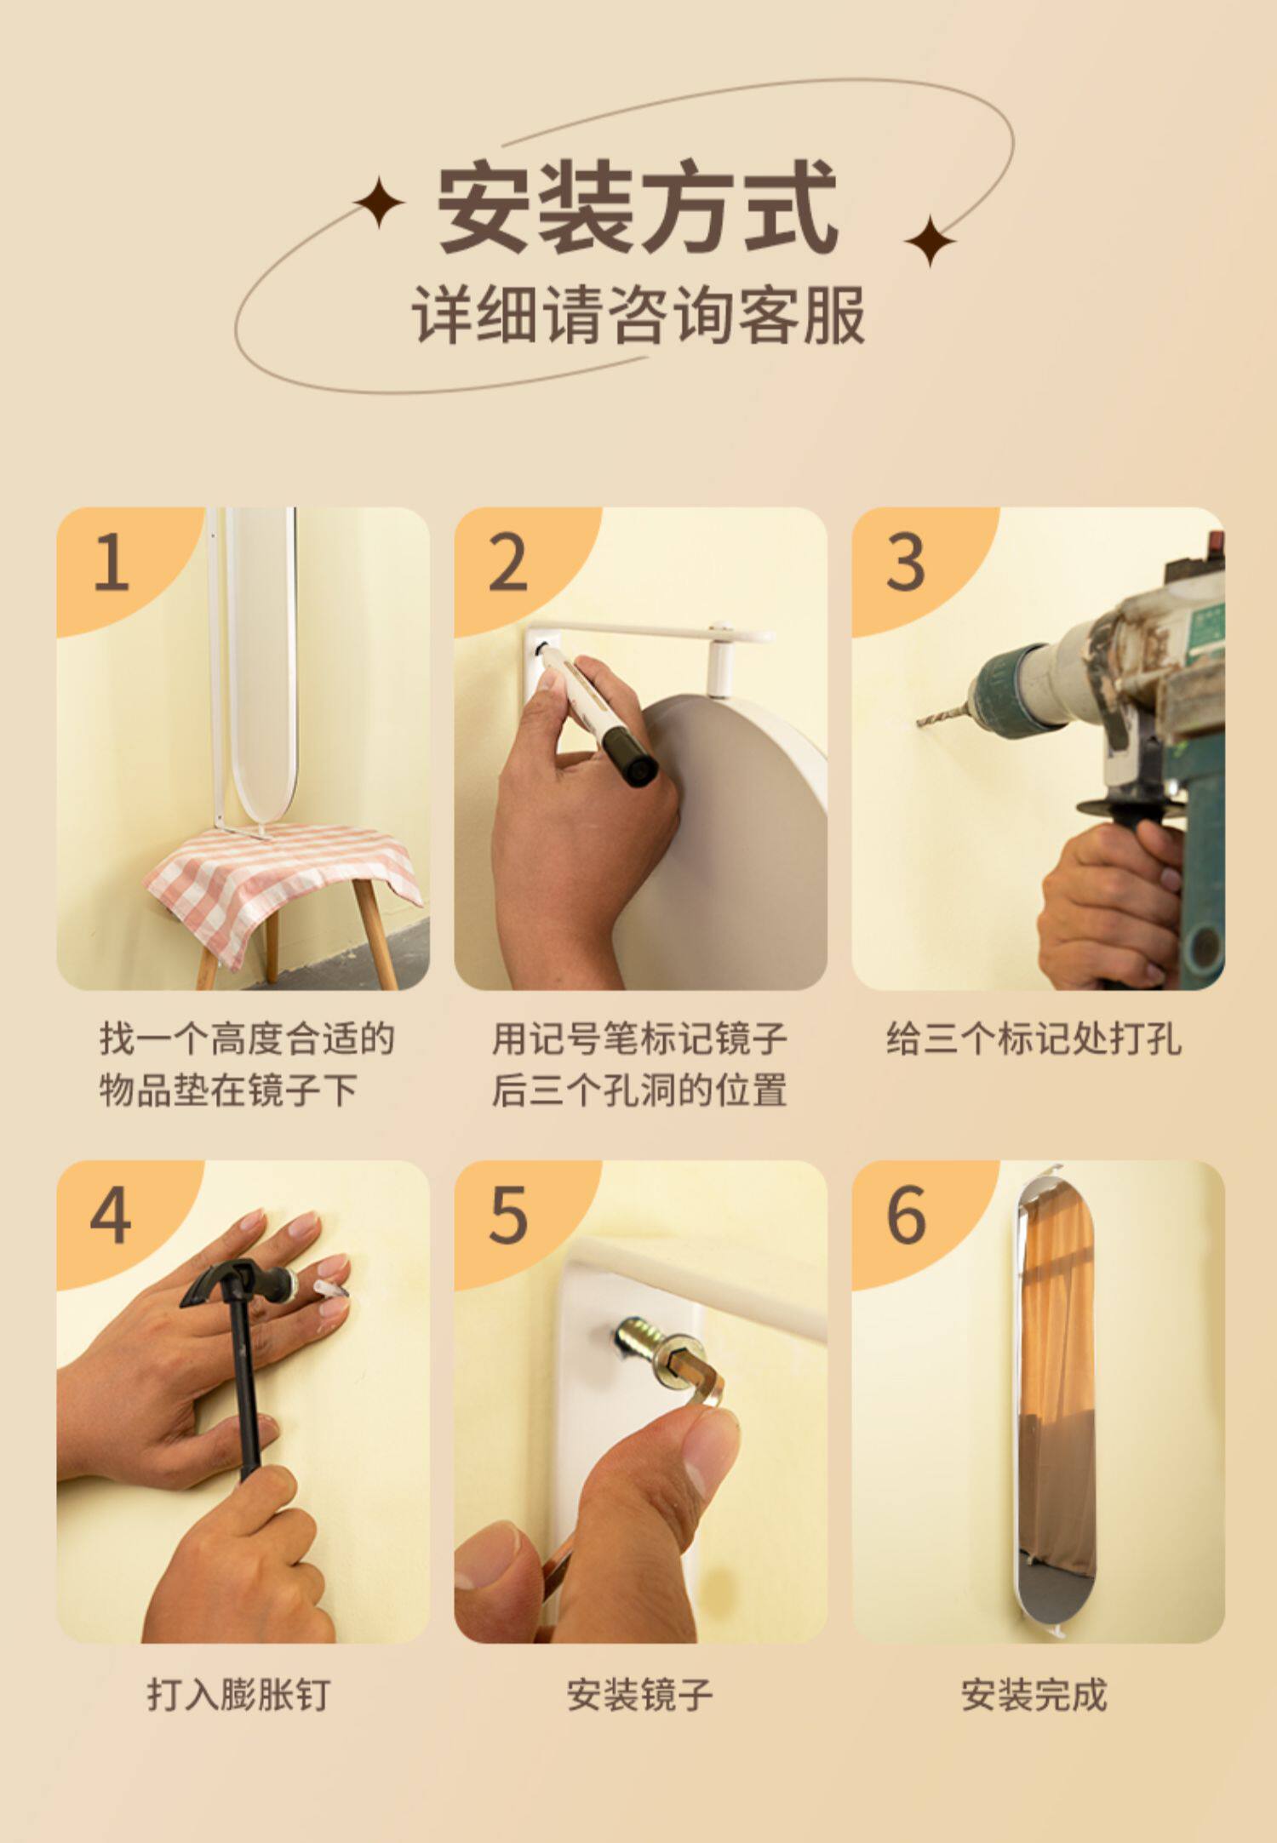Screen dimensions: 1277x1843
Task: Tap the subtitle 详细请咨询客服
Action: [638, 315]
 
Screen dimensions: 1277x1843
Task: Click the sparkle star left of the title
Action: [379, 202]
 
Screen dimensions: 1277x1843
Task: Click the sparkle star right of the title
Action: [930, 241]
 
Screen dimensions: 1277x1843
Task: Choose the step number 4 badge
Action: [112, 1215]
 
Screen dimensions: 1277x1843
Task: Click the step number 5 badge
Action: [508, 1215]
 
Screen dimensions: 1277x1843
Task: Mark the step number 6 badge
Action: [906, 1215]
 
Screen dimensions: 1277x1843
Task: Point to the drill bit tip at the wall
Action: [919, 724]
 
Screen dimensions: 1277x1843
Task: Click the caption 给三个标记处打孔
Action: [1034, 1039]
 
